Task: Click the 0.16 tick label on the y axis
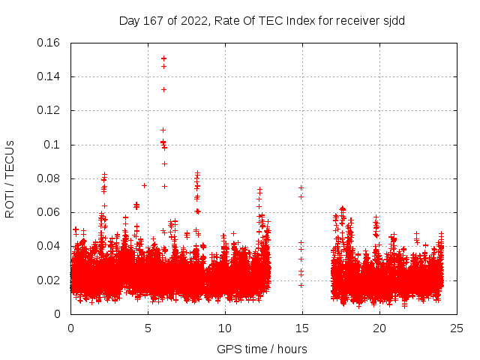(49, 43)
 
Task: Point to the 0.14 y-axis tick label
(49, 76)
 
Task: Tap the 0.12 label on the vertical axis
(49, 110)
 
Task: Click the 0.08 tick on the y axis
(49, 178)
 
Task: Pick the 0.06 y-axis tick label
(49, 212)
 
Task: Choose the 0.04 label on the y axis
(49, 246)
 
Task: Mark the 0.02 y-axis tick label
(49, 280)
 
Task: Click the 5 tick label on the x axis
(148, 328)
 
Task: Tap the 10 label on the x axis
(225, 328)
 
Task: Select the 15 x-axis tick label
(302, 328)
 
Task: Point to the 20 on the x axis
(379, 328)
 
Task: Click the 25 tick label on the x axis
(457, 328)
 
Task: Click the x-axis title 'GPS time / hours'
(262, 349)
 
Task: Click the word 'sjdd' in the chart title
(392, 20)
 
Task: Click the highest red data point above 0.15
(163, 58)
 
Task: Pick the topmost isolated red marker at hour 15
(301, 187)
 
